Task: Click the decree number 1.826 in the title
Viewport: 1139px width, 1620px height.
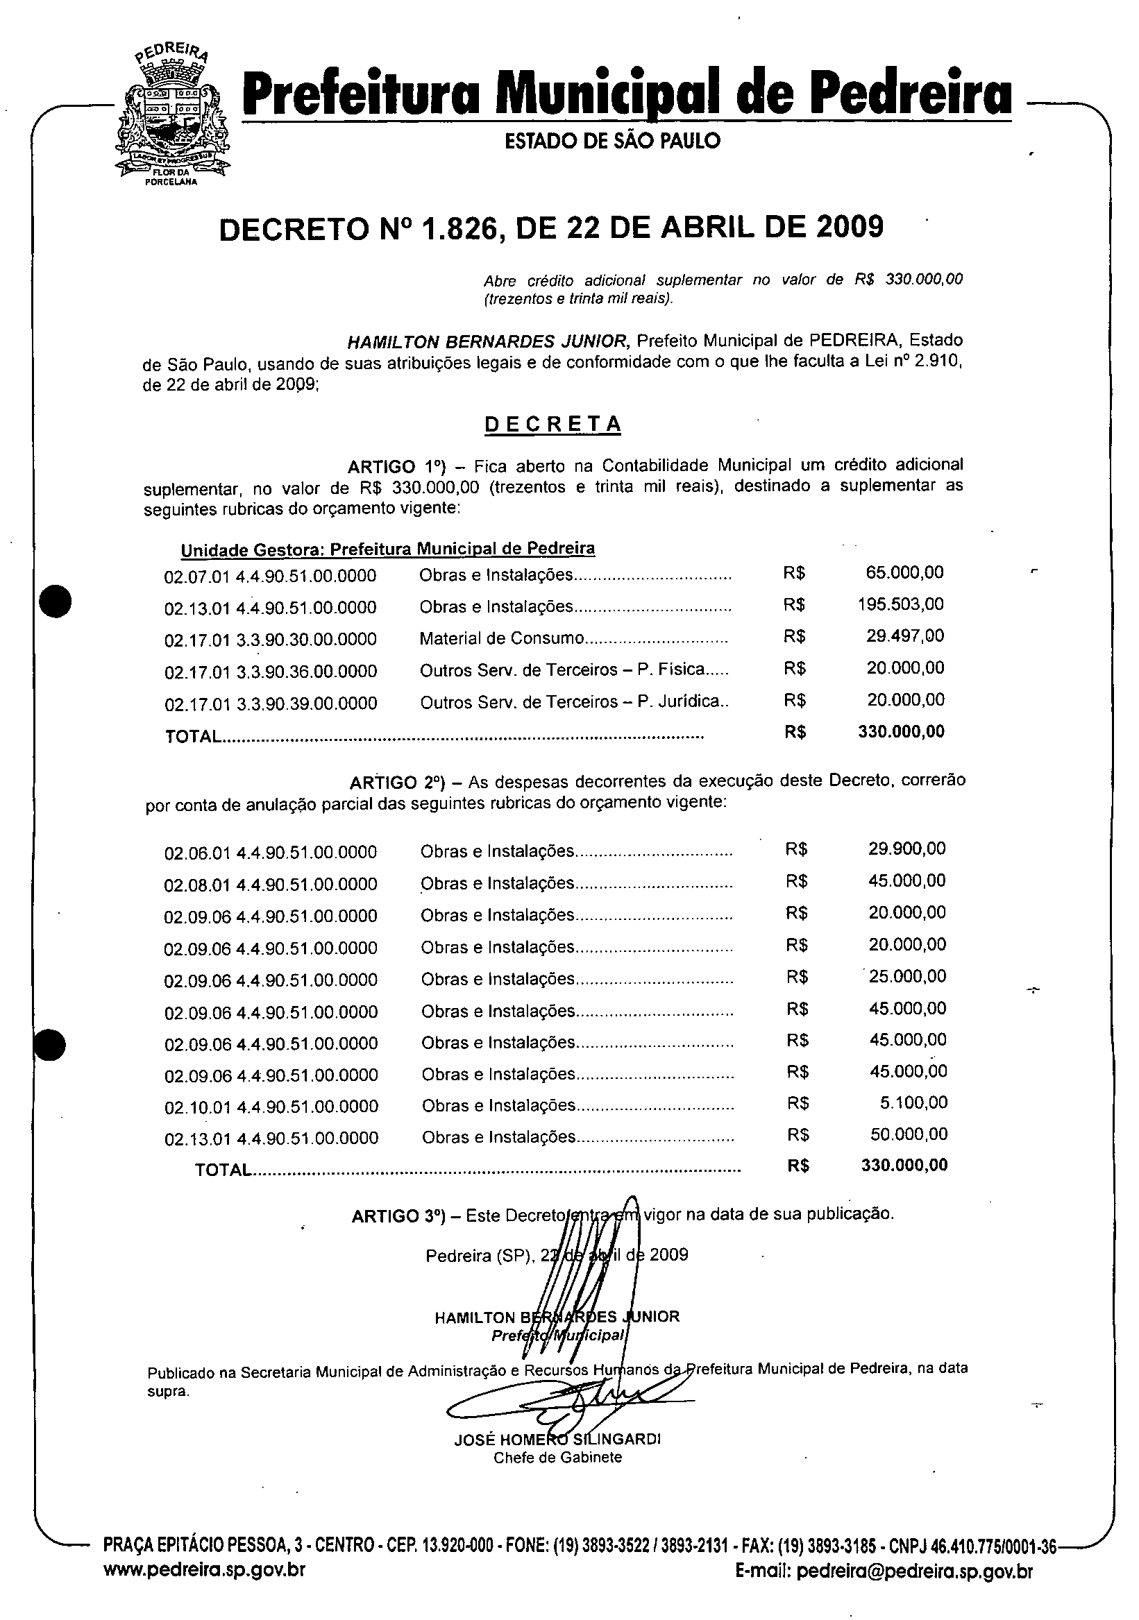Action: [459, 228]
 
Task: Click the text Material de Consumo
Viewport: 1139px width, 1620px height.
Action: [501, 638]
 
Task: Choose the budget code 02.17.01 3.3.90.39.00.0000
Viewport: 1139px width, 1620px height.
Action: [270, 704]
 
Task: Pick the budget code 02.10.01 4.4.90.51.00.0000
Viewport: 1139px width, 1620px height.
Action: [271, 1107]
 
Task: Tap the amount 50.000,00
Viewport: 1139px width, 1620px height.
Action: [909, 1134]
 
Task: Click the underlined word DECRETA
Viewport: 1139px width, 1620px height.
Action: [552, 423]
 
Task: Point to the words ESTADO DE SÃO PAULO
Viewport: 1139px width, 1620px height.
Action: [612, 141]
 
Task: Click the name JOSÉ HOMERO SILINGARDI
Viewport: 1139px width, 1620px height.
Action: [557, 1440]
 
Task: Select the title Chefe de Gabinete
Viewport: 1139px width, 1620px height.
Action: [557, 1458]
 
